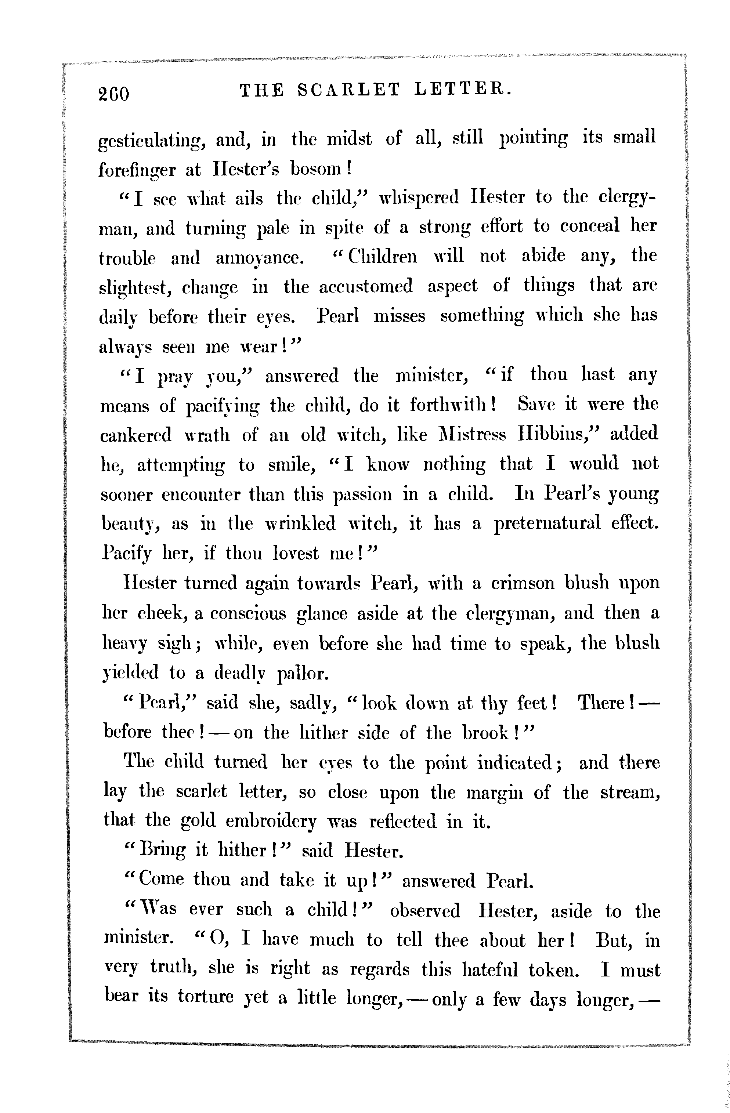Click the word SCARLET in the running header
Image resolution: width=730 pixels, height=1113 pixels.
pyautogui.click(x=349, y=89)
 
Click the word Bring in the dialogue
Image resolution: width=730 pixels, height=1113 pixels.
pyautogui.click(x=161, y=851)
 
